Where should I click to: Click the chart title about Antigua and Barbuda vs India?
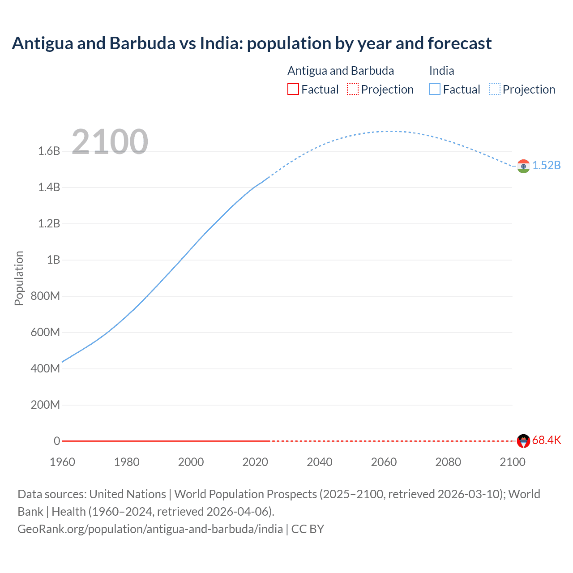[x=252, y=43]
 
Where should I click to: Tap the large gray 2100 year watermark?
[x=110, y=142]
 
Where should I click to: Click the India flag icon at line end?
[x=523, y=166]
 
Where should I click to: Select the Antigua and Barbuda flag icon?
[x=523, y=441]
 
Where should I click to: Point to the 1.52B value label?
[x=546, y=165]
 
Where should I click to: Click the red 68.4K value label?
[x=546, y=440]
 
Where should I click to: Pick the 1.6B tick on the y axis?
[x=49, y=151]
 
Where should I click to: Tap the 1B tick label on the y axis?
[x=53, y=260]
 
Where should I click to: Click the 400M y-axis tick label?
[x=45, y=368]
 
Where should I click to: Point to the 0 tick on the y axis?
[x=57, y=441]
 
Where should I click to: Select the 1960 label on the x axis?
[x=62, y=462]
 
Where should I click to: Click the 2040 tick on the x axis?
[x=320, y=462]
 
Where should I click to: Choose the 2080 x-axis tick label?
[x=448, y=462]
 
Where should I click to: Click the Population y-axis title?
[x=19, y=278]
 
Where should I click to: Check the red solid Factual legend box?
[x=293, y=90]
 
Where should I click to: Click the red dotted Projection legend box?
[x=353, y=90]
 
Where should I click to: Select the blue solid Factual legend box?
[x=435, y=90]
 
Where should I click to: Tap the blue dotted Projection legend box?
[x=495, y=90]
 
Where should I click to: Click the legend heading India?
[x=441, y=71]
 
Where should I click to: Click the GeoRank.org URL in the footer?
[x=150, y=529]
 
